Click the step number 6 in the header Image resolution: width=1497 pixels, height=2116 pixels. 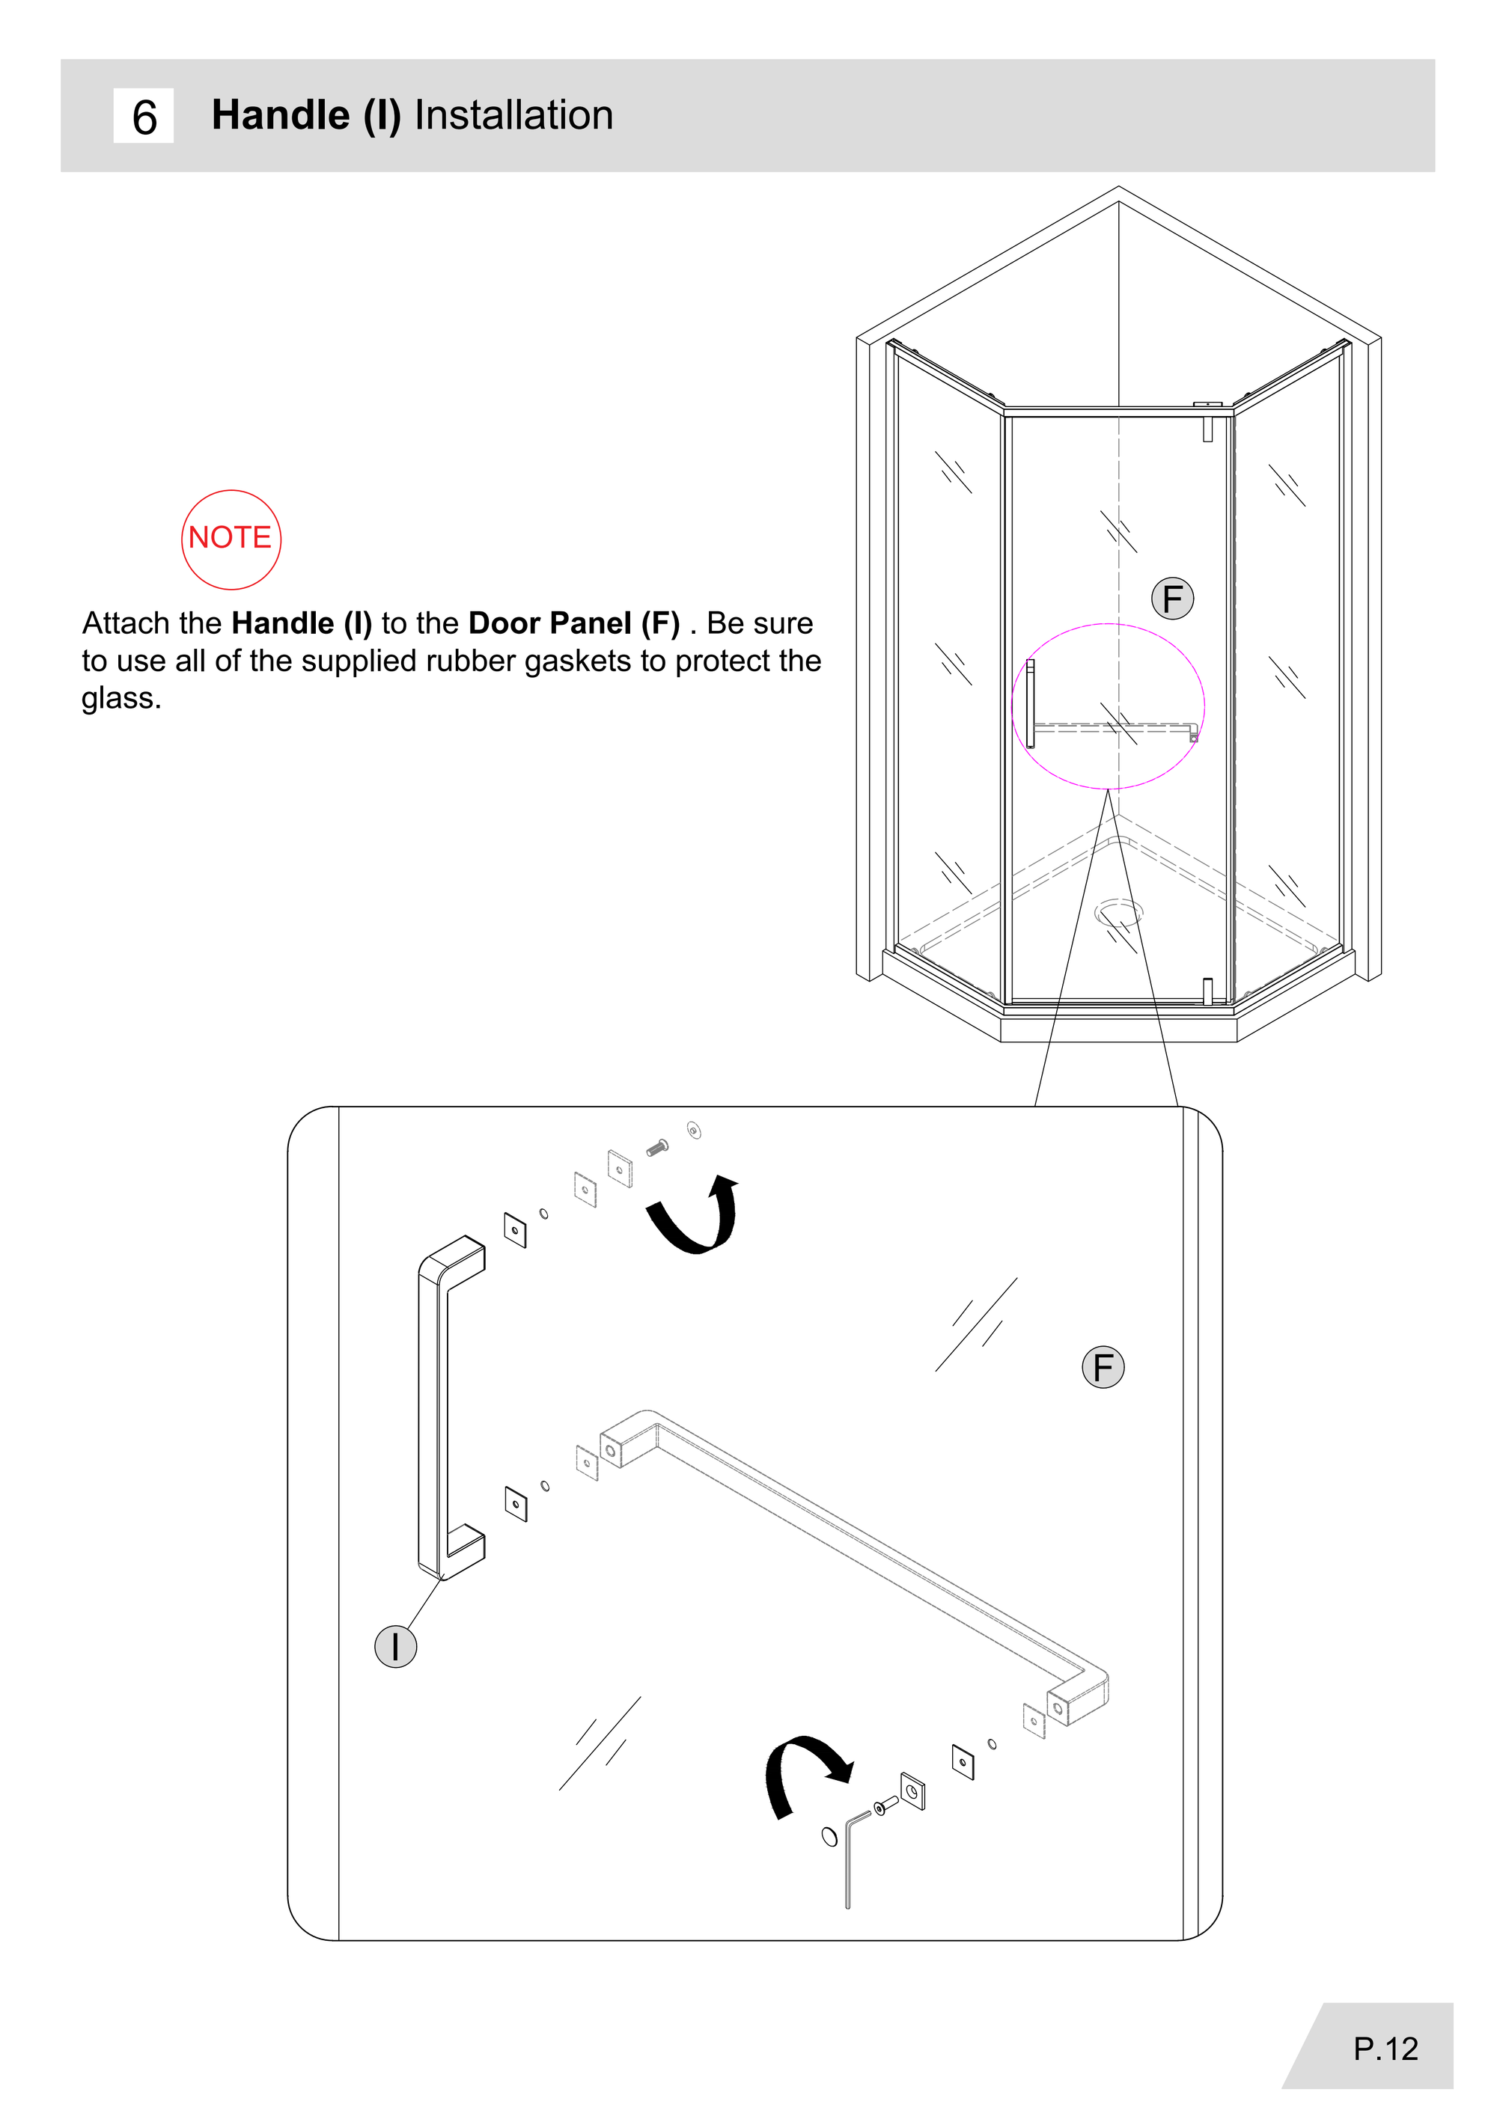point(144,117)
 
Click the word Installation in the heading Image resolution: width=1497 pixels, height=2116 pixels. point(513,115)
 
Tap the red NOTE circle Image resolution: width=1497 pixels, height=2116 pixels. point(231,539)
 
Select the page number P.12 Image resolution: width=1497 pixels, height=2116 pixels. point(1385,2048)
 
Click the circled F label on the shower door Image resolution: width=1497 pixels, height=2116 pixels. point(1173,599)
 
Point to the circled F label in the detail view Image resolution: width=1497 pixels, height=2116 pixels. point(1103,1367)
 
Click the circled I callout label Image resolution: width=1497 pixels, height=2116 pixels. point(395,1645)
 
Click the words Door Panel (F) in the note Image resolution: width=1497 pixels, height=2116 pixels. point(573,624)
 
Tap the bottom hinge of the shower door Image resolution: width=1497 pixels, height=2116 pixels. point(1207,991)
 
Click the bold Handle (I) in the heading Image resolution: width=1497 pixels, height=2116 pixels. point(307,116)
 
